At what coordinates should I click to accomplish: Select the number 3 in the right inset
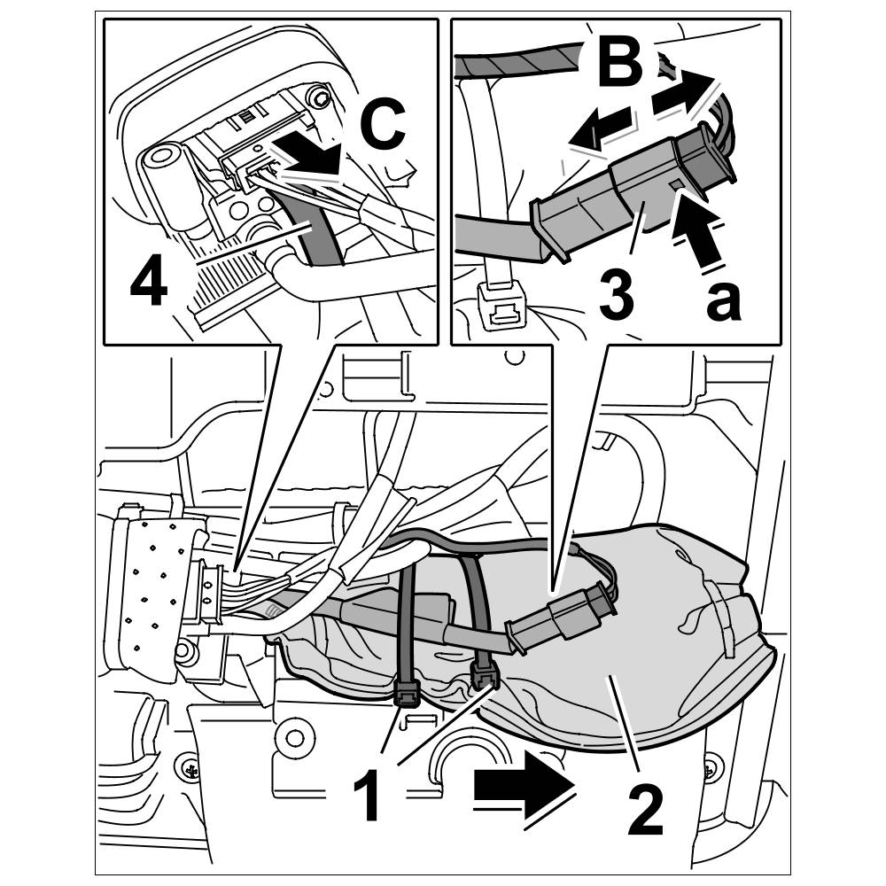(x=617, y=296)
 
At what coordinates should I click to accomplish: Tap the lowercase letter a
(x=723, y=299)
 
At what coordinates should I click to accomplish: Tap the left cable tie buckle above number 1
(x=407, y=693)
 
